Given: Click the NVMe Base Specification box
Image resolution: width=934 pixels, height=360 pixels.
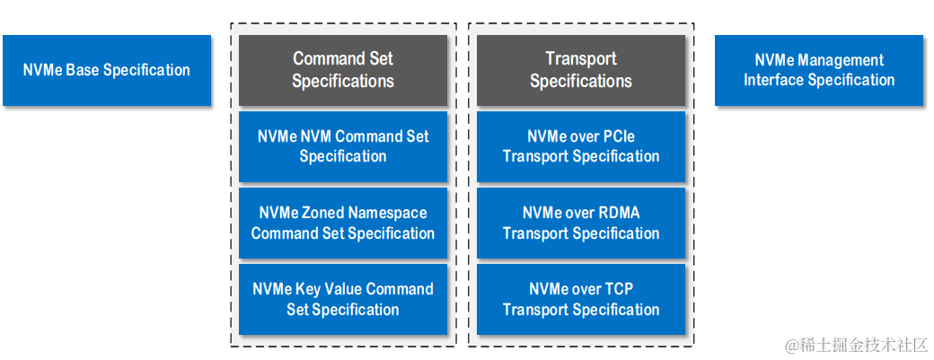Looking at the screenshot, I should [x=107, y=70].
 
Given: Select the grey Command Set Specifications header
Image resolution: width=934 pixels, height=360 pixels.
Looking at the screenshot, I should [x=343, y=70].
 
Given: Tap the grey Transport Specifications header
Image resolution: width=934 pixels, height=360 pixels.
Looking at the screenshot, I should [x=581, y=70].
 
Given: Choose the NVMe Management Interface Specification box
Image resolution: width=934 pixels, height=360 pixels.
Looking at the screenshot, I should [x=819, y=70].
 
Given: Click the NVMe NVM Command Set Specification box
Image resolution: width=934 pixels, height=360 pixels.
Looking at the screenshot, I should [x=343, y=146].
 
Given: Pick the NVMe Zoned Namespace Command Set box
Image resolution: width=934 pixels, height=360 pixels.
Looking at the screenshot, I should [x=343, y=223].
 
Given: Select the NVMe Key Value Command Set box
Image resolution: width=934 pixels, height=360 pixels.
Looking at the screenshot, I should [x=343, y=299].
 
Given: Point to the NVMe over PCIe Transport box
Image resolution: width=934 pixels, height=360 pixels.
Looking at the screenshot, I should [x=581, y=146].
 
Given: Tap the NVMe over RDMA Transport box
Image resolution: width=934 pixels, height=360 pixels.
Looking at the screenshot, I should [x=581, y=223].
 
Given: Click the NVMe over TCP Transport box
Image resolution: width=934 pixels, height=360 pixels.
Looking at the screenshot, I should [x=581, y=299].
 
